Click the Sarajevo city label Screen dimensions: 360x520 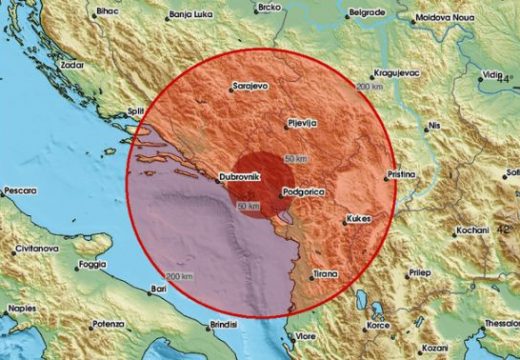[x=251, y=86]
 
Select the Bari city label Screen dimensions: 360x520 [x=157, y=289]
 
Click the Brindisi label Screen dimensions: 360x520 [x=227, y=325]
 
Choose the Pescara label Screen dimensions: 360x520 [x=20, y=190]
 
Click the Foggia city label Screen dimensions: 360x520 [x=92, y=265]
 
